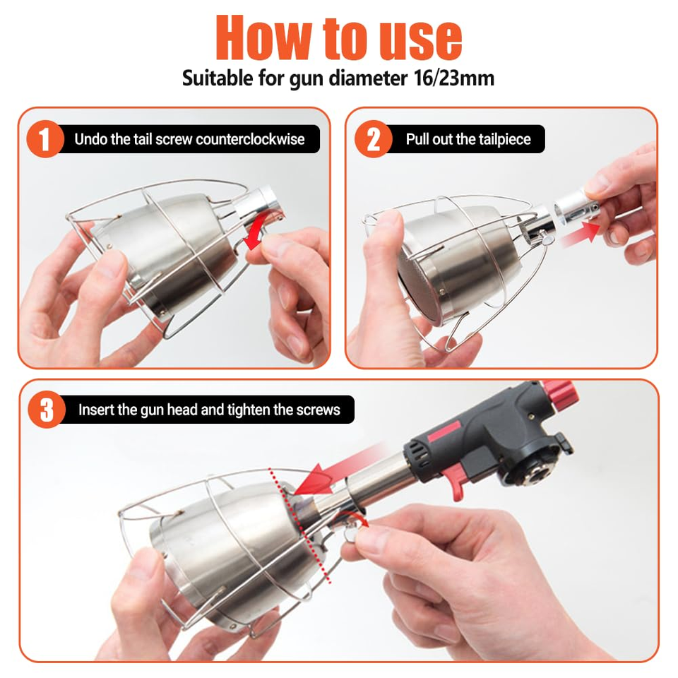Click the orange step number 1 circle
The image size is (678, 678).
pyautogui.click(x=45, y=139)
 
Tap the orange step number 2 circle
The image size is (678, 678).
pyautogui.click(x=373, y=139)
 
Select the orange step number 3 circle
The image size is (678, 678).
pyautogui.click(x=47, y=410)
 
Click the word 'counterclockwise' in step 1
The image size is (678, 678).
pyautogui.click(x=250, y=139)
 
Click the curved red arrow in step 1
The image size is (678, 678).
pyautogui.click(x=262, y=228)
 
